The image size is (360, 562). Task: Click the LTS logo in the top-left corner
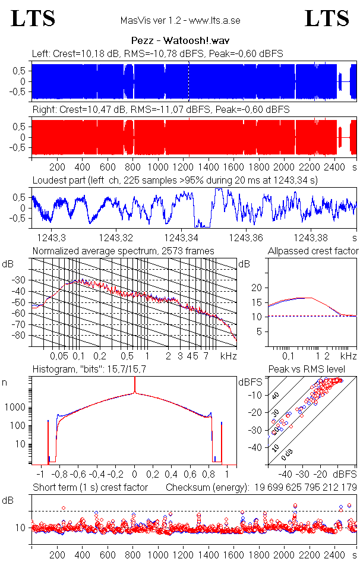click(33, 18)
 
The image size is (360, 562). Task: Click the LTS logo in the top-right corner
click(327, 18)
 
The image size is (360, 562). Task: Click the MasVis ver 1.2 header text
click(180, 21)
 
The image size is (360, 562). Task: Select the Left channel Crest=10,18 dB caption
click(157, 54)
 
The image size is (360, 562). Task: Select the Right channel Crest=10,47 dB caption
click(160, 110)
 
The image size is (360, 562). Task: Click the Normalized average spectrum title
click(123, 251)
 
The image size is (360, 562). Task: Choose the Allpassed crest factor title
click(313, 251)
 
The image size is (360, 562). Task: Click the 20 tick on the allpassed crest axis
click(257, 288)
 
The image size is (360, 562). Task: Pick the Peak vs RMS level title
click(315, 370)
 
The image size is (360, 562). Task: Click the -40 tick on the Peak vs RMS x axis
click(285, 475)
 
